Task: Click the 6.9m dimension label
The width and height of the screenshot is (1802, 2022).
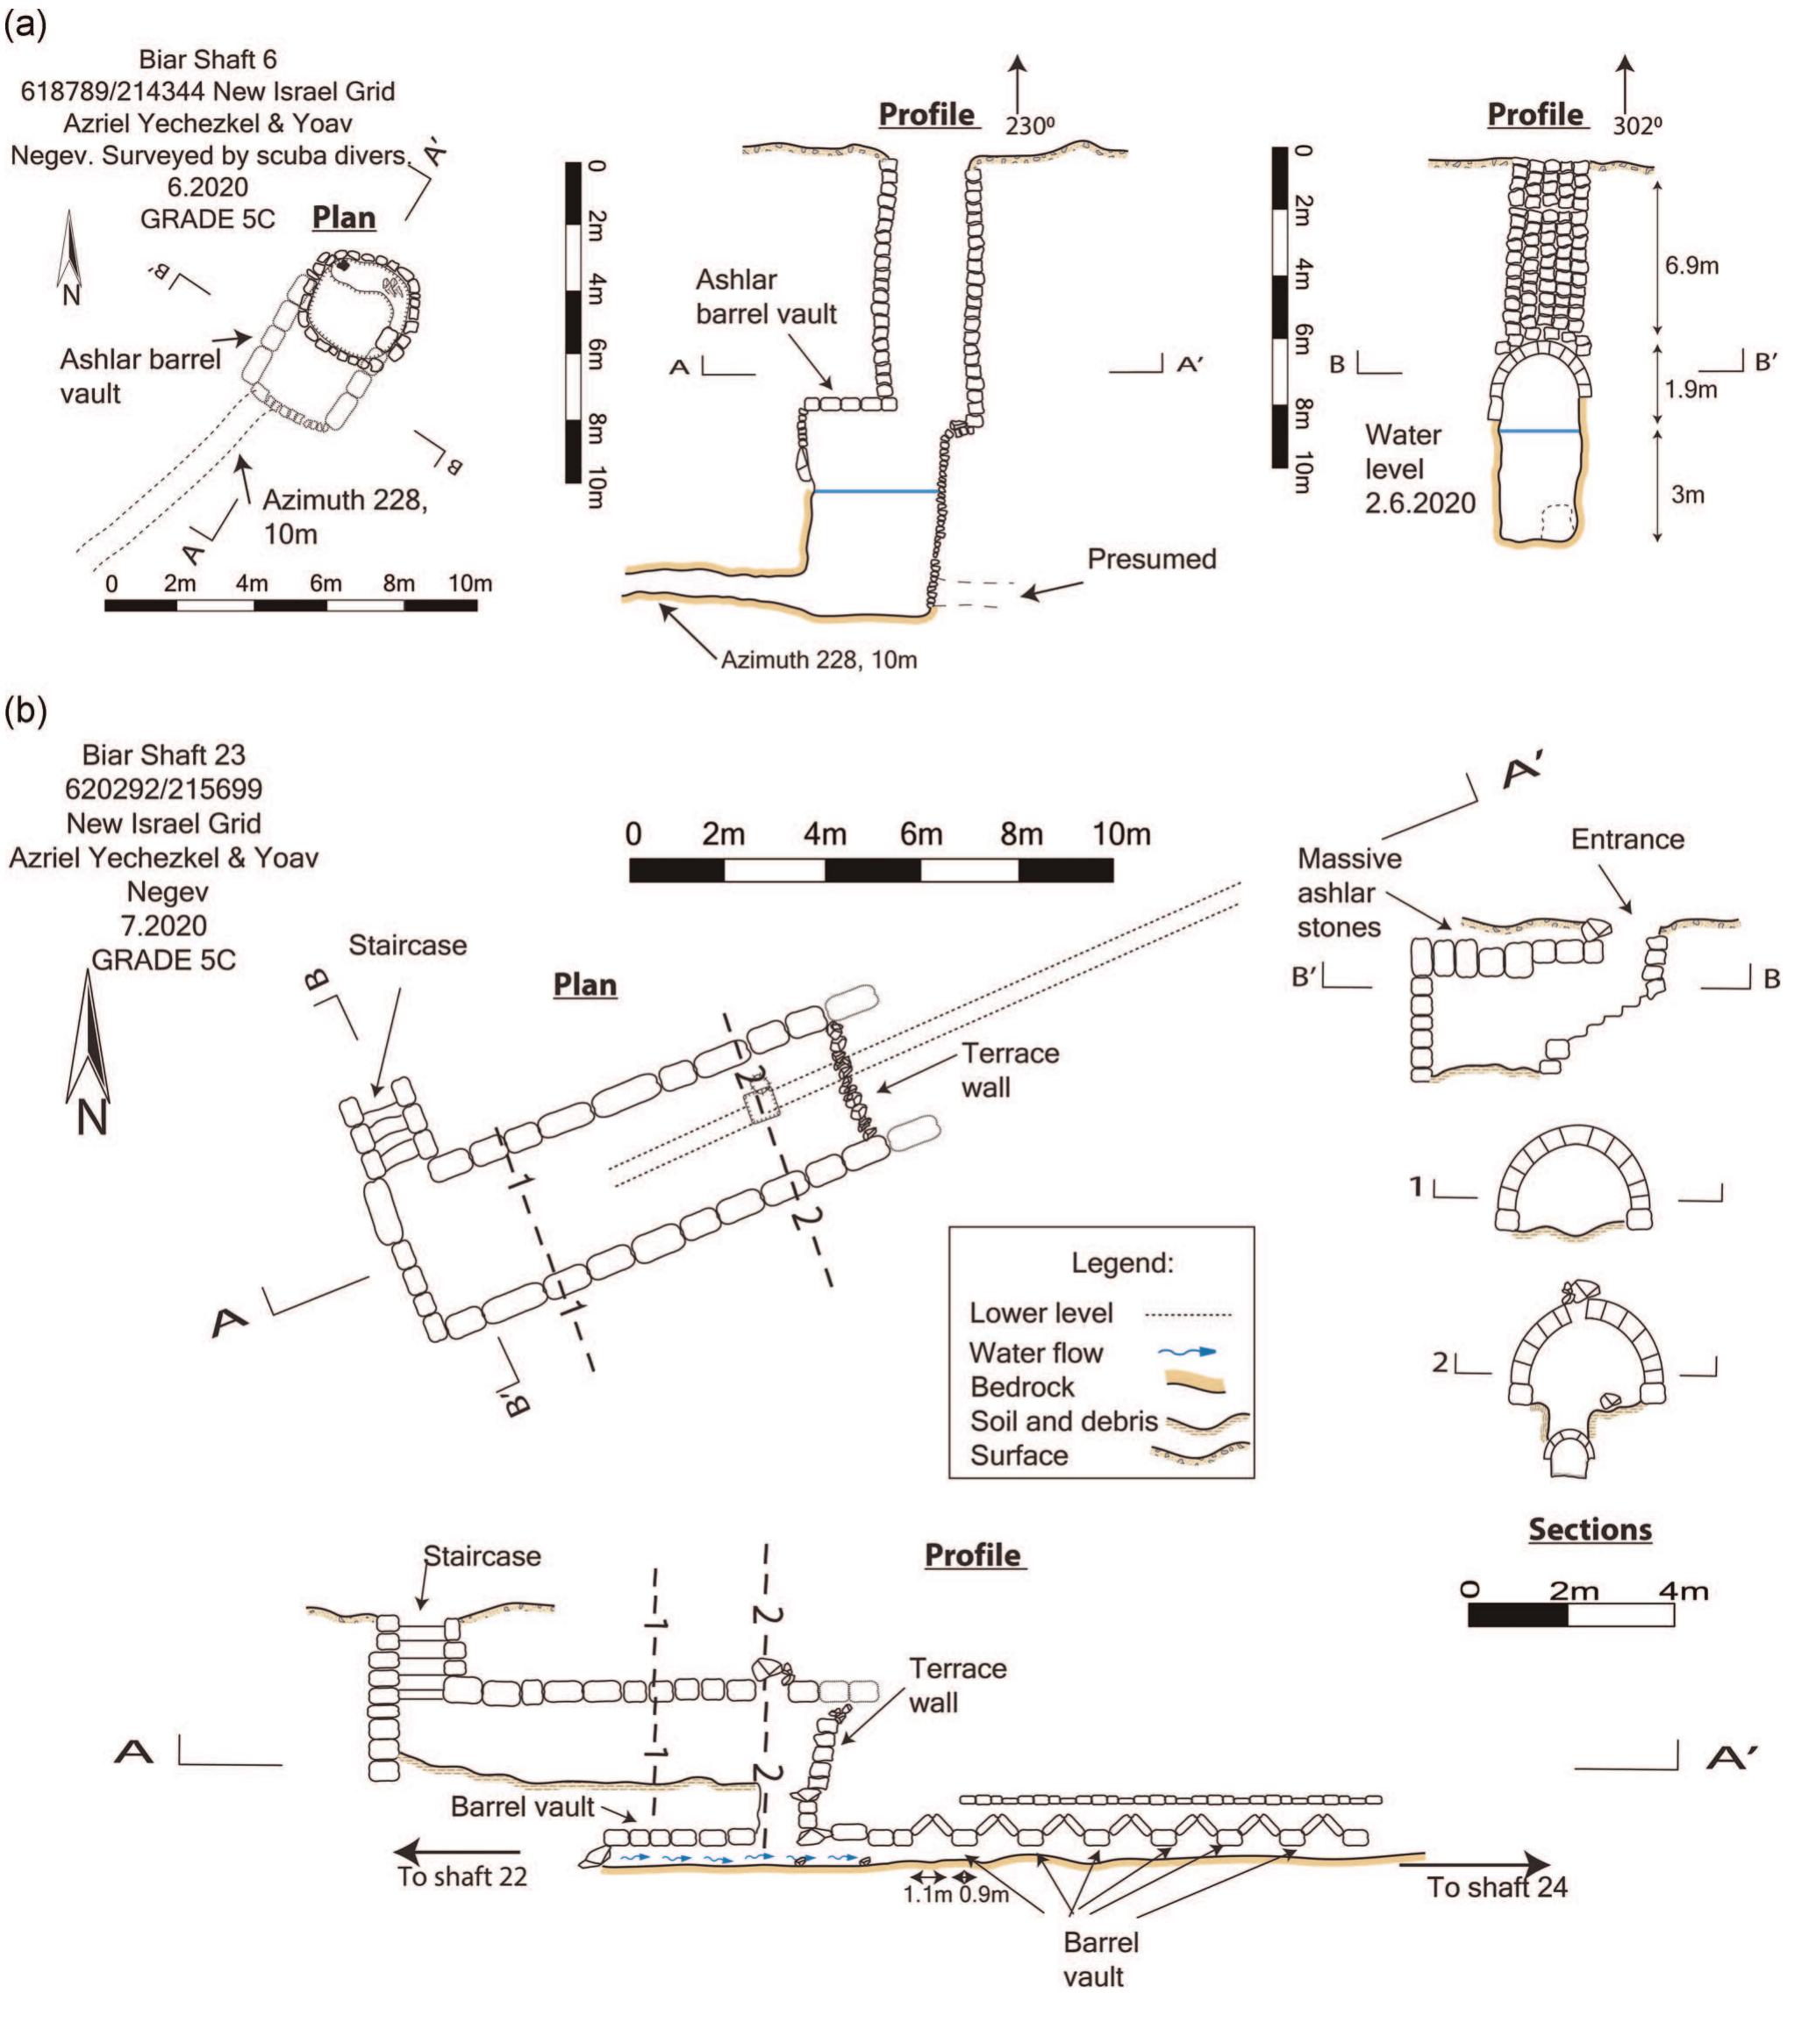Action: [x=1691, y=266]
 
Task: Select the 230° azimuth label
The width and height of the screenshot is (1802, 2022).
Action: [x=1030, y=126]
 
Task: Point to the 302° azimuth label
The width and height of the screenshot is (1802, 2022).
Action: [x=1637, y=126]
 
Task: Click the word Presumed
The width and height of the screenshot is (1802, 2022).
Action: [x=1152, y=560]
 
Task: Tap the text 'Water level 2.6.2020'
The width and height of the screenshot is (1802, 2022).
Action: [x=1419, y=469]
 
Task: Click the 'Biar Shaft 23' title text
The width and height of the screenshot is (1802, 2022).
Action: [x=163, y=755]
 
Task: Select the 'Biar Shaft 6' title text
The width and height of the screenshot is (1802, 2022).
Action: [x=207, y=60]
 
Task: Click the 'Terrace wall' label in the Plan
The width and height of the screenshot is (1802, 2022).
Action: [x=1010, y=1070]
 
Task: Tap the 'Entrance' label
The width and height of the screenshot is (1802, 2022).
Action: [x=1627, y=840]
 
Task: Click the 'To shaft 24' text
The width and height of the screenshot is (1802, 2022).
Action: [x=1496, y=1887]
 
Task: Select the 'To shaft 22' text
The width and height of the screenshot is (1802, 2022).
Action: [x=461, y=1876]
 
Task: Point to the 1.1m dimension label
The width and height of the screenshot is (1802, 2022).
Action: [x=926, y=1896]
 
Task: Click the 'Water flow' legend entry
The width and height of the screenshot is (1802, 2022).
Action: [x=1035, y=1354]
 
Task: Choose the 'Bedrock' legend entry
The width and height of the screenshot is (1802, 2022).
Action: [x=1022, y=1387]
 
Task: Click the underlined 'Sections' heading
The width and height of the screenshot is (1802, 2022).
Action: [x=1590, y=1530]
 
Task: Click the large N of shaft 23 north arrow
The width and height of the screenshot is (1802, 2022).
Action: [x=91, y=1119]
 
